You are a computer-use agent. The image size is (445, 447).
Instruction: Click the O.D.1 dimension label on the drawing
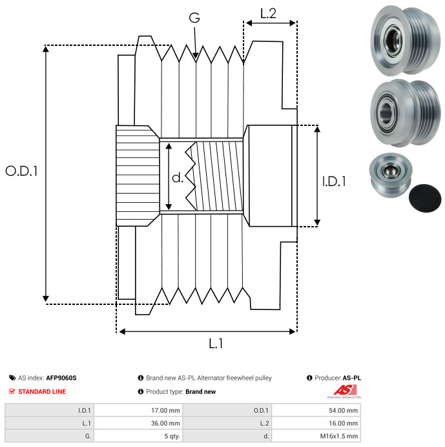coord(22,171)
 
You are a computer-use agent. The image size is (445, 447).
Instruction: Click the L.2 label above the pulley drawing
coord(268,14)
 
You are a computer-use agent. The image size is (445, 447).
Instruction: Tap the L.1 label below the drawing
coord(216,344)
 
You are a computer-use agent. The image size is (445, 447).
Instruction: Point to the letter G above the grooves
coord(194,17)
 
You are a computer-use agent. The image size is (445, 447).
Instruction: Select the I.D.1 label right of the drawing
coord(334,182)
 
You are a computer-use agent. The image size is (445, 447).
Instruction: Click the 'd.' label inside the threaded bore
coord(178,178)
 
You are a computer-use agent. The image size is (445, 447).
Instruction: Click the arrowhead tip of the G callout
coord(196,59)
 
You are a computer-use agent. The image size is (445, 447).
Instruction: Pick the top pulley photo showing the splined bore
coord(405,40)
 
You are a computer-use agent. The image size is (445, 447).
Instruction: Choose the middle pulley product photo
coord(405,113)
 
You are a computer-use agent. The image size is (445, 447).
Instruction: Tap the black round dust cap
coord(425,198)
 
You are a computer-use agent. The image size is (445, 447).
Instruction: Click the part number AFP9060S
coord(61,378)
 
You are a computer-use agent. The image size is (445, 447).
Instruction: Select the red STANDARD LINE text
coord(42,391)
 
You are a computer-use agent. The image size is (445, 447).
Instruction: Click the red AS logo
coord(345,390)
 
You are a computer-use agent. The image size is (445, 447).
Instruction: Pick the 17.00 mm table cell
coord(138,411)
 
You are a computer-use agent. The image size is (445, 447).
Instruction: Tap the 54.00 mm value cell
coord(316,411)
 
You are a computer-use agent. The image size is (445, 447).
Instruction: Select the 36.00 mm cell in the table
coord(138,423)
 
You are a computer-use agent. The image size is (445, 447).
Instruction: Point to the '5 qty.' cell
coord(138,436)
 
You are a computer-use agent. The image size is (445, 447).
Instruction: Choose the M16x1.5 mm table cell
coord(316,436)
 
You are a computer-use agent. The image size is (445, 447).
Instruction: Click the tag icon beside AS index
coord(12,378)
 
